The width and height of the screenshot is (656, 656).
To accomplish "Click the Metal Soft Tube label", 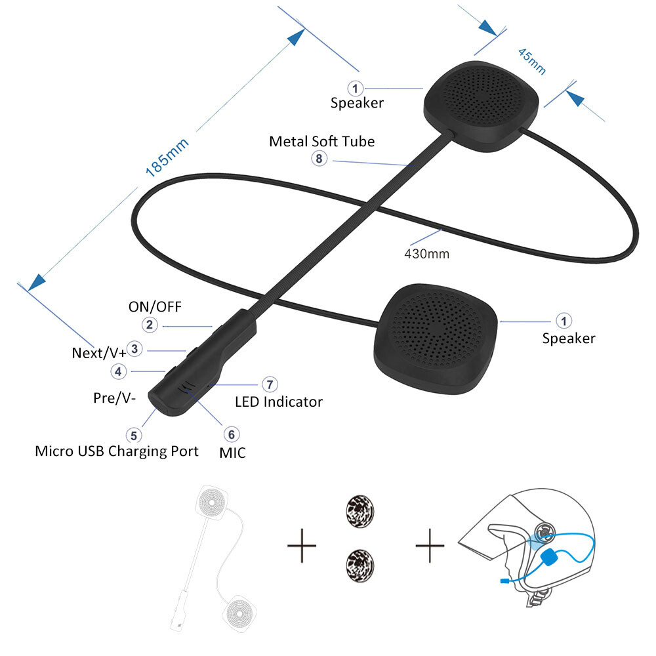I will click(x=322, y=141).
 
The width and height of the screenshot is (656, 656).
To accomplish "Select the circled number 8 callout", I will click(x=319, y=158).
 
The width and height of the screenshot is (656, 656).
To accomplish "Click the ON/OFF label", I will click(x=155, y=306).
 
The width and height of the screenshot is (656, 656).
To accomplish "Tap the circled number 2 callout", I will click(x=150, y=324).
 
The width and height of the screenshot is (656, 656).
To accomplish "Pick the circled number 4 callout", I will click(x=118, y=371).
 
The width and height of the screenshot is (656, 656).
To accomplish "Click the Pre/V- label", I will click(x=112, y=398).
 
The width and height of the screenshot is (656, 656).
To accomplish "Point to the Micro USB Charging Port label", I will click(x=116, y=451).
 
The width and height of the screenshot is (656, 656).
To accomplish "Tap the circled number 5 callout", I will click(x=134, y=434).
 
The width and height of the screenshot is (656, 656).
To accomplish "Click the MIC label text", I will click(x=233, y=452).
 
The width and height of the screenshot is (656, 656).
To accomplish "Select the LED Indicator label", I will click(x=279, y=401).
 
